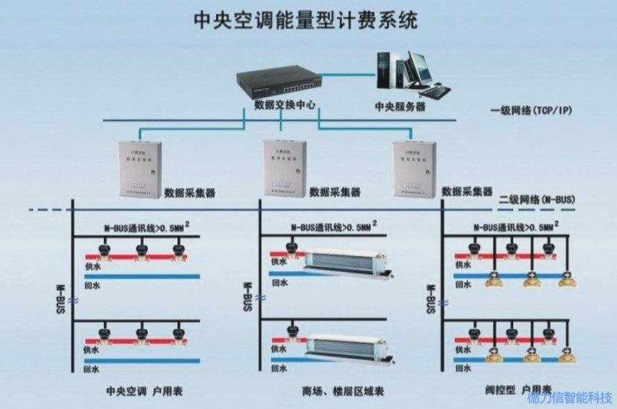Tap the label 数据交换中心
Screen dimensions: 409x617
[284, 104]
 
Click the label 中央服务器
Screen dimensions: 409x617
[400, 107]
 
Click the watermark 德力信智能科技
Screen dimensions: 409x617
[570, 399]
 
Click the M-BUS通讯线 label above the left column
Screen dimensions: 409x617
[142, 226]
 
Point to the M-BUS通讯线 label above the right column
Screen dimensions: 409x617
[514, 226]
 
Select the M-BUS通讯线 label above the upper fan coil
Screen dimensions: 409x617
[329, 226]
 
